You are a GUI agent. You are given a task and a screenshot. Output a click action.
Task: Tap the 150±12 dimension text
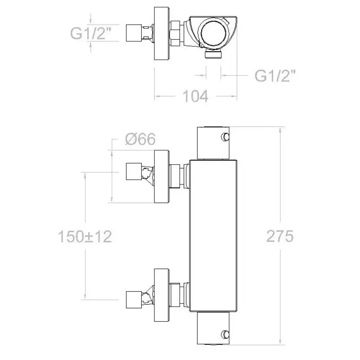click(85, 237)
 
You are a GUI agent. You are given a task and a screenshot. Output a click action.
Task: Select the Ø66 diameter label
click(140, 139)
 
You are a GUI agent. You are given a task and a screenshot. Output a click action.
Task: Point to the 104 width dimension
click(195, 96)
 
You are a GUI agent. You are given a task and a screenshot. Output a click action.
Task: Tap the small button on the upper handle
click(225, 136)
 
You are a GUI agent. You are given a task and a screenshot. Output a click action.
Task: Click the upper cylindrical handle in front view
click(213, 143)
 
